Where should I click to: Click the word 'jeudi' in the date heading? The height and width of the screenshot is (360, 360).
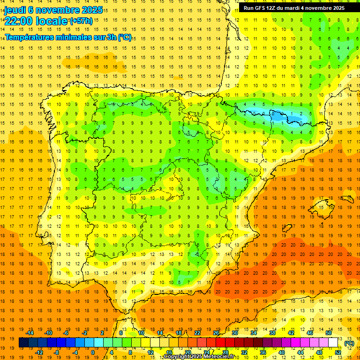coord(15,9)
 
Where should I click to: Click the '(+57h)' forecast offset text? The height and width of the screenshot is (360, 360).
coord(81,21)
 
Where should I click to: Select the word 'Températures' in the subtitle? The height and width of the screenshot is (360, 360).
coord(30,37)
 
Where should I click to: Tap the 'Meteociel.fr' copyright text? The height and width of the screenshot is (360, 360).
coord(220,357)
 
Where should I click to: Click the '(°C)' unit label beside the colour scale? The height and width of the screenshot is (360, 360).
coord(349,343)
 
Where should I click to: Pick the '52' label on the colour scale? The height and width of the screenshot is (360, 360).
coord(338,352)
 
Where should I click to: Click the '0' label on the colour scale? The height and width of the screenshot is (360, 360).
coord(93,352)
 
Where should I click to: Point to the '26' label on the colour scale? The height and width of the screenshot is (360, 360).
coord(216,333)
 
